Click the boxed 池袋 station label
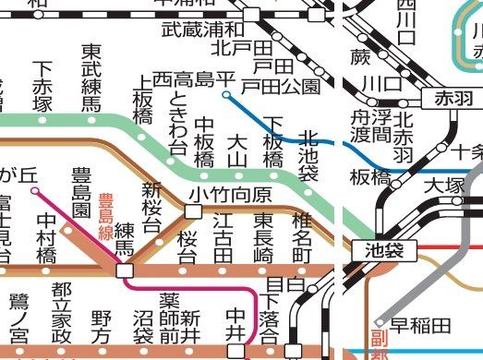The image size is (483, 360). [379, 248]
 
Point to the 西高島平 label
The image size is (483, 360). [187, 79]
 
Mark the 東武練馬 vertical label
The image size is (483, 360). [91, 78]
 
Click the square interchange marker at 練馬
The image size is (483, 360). [124, 271]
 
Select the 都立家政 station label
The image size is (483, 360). [61, 312]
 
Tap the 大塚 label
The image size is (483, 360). [442, 186]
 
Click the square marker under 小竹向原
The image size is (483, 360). [193, 211]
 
